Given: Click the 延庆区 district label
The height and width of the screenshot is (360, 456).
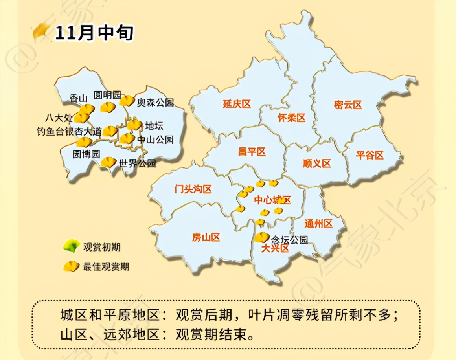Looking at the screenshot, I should click(237, 104).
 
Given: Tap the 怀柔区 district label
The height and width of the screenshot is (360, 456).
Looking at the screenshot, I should click(291, 118).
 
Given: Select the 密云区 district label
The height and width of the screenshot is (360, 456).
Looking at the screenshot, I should click(348, 105).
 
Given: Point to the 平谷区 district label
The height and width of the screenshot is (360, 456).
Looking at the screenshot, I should click(370, 155).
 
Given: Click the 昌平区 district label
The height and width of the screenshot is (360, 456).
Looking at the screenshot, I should click(252, 152).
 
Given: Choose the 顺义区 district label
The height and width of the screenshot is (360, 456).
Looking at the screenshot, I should click(317, 163).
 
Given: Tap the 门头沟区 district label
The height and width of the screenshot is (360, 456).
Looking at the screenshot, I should click(193, 189).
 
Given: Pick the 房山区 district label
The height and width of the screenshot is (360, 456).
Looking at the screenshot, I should click(206, 237).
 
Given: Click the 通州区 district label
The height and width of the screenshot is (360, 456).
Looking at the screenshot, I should click(318, 224).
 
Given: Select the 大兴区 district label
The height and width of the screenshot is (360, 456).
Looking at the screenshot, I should click(275, 248).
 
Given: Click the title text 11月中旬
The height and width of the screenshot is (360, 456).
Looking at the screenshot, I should click(94, 33).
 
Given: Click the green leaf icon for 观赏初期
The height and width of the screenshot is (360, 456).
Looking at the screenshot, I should click(71, 247).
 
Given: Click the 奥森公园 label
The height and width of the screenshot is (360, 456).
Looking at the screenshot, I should click(155, 103).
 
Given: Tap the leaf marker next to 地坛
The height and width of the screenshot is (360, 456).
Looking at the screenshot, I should click(134, 125).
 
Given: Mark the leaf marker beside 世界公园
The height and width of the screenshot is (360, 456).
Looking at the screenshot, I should click(108, 162).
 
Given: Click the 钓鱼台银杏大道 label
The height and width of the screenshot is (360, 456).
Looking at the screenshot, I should click(68, 132).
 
